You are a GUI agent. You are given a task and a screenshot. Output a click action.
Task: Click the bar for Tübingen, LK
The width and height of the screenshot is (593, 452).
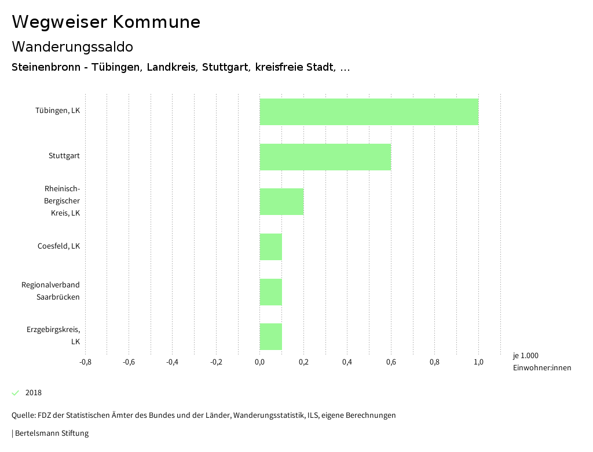point(369,112)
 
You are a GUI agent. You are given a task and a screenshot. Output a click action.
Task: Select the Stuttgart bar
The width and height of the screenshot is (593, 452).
point(325,156)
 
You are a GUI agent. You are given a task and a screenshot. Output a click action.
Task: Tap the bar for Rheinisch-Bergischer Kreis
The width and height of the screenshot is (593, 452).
point(281,202)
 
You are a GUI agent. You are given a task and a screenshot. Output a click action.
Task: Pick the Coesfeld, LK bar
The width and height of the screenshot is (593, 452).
point(271,247)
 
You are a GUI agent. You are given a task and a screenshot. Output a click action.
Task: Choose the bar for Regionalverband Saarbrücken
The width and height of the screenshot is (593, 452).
point(271,292)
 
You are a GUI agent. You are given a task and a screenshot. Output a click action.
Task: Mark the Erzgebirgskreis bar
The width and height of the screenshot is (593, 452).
point(271,337)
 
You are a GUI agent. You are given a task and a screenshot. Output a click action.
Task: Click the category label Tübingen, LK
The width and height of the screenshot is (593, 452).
point(57,111)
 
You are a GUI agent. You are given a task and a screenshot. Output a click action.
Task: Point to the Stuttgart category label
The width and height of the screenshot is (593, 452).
point(64,156)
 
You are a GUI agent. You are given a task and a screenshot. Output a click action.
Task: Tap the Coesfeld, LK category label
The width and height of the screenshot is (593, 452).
point(58,246)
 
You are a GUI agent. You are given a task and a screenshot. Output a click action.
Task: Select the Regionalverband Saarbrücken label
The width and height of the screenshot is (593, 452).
point(50,291)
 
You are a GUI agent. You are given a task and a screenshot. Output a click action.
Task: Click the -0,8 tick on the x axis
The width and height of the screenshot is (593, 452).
point(85,362)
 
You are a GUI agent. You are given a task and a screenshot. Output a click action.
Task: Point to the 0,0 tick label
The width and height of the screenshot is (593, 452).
point(259,362)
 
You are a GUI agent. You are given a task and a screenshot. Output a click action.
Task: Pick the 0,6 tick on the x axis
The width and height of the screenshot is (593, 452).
point(391,362)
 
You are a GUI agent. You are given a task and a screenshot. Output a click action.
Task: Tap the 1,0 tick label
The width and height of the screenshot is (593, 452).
point(478,362)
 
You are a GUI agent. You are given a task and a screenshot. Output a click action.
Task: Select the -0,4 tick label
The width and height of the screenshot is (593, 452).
point(172,362)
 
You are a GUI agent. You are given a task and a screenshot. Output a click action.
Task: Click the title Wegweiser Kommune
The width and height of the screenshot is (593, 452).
point(106,22)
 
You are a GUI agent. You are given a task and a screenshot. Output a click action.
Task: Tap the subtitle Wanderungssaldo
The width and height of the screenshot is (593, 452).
point(72,46)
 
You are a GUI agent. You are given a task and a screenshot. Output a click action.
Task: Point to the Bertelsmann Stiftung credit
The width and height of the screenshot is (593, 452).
point(50,433)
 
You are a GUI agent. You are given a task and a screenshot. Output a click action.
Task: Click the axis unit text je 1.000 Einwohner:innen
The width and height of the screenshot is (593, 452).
point(541,362)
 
